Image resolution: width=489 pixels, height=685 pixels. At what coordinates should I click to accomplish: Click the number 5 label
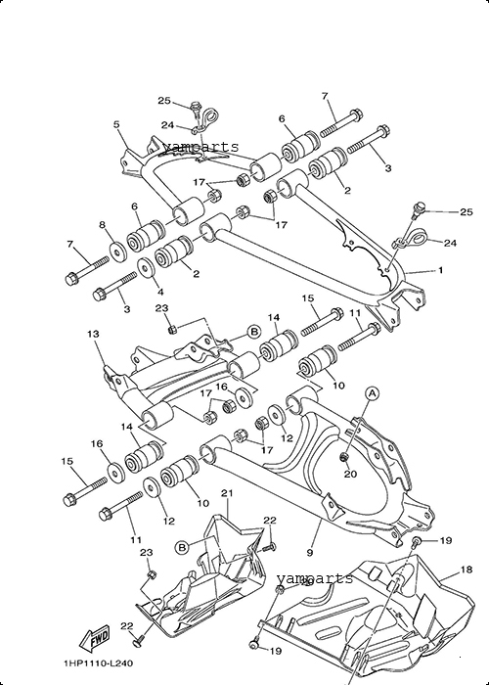[x=116, y=124]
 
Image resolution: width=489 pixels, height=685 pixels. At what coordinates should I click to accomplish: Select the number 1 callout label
[x=440, y=270]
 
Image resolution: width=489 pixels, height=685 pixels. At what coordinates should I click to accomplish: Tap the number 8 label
[x=102, y=225]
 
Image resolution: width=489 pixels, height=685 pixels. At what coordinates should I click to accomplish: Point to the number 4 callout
[x=160, y=292]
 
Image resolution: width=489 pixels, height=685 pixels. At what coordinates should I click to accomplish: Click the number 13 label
[x=93, y=334]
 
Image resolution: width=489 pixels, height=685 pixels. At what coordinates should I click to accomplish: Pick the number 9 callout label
[x=310, y=553]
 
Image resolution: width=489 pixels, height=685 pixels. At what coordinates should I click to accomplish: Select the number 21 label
[x=227, y=493]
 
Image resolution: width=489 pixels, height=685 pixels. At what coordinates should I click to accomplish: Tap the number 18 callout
[x=466, y=570]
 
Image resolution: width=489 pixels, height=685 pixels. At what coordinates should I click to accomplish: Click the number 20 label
[x=350, y=474]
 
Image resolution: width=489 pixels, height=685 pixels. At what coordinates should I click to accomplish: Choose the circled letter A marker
[x=372, y=393]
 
